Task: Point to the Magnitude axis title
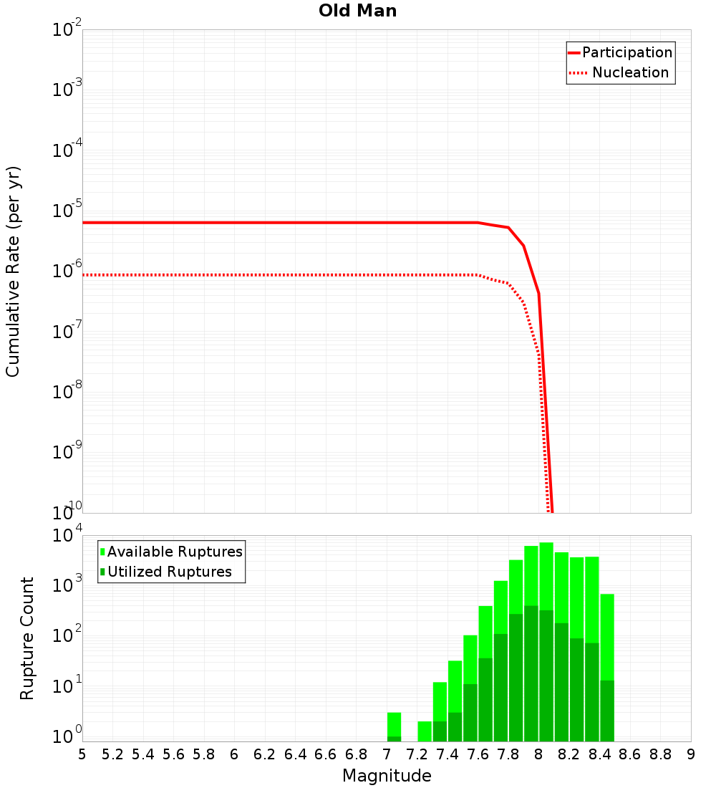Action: point(387,776)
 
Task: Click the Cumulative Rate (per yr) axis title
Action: point(13,272)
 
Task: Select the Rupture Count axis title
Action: point(27,638)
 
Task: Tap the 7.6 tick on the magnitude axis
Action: point(478,754)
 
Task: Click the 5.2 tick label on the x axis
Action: point(112,754)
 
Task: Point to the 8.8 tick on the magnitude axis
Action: point(660,754)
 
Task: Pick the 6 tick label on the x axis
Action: point(234,754)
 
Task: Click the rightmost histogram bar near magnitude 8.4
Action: point(607,666)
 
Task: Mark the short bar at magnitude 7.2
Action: point(425,731)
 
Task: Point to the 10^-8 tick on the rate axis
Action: point(67,393)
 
